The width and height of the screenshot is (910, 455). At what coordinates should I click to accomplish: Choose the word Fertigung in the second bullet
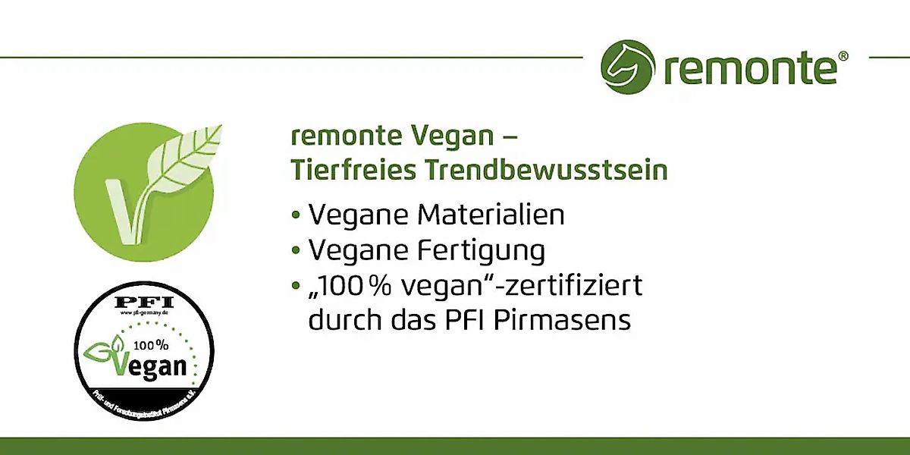(480, 250)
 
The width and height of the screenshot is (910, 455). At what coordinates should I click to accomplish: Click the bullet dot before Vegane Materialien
(296, 215)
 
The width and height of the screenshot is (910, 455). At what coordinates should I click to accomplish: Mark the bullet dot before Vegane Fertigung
(296, 251)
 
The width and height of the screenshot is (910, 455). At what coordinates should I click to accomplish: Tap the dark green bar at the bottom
(455, 446)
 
